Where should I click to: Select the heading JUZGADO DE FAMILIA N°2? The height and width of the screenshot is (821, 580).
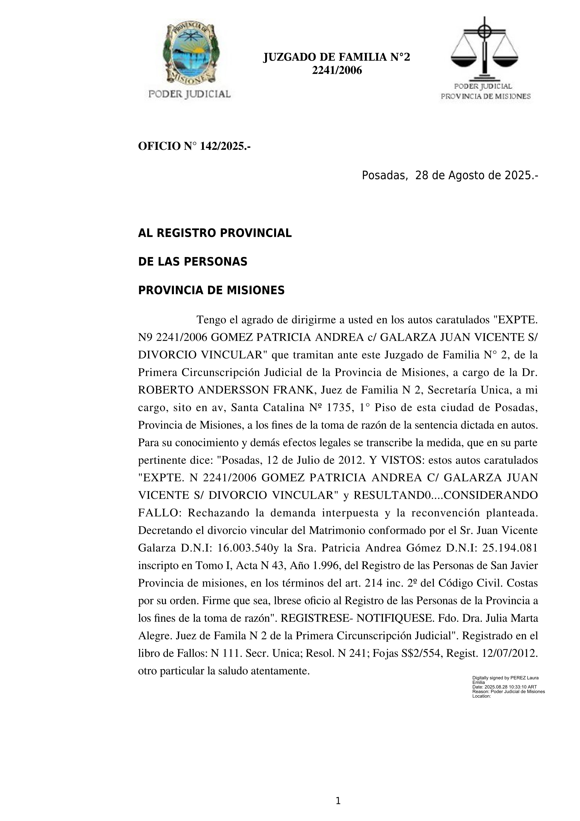point(336,57)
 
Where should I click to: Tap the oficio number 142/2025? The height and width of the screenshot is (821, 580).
point(223,146)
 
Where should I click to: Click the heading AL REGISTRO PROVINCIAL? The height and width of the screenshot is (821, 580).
point(215,233)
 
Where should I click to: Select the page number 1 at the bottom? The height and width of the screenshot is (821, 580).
point(338,801)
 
